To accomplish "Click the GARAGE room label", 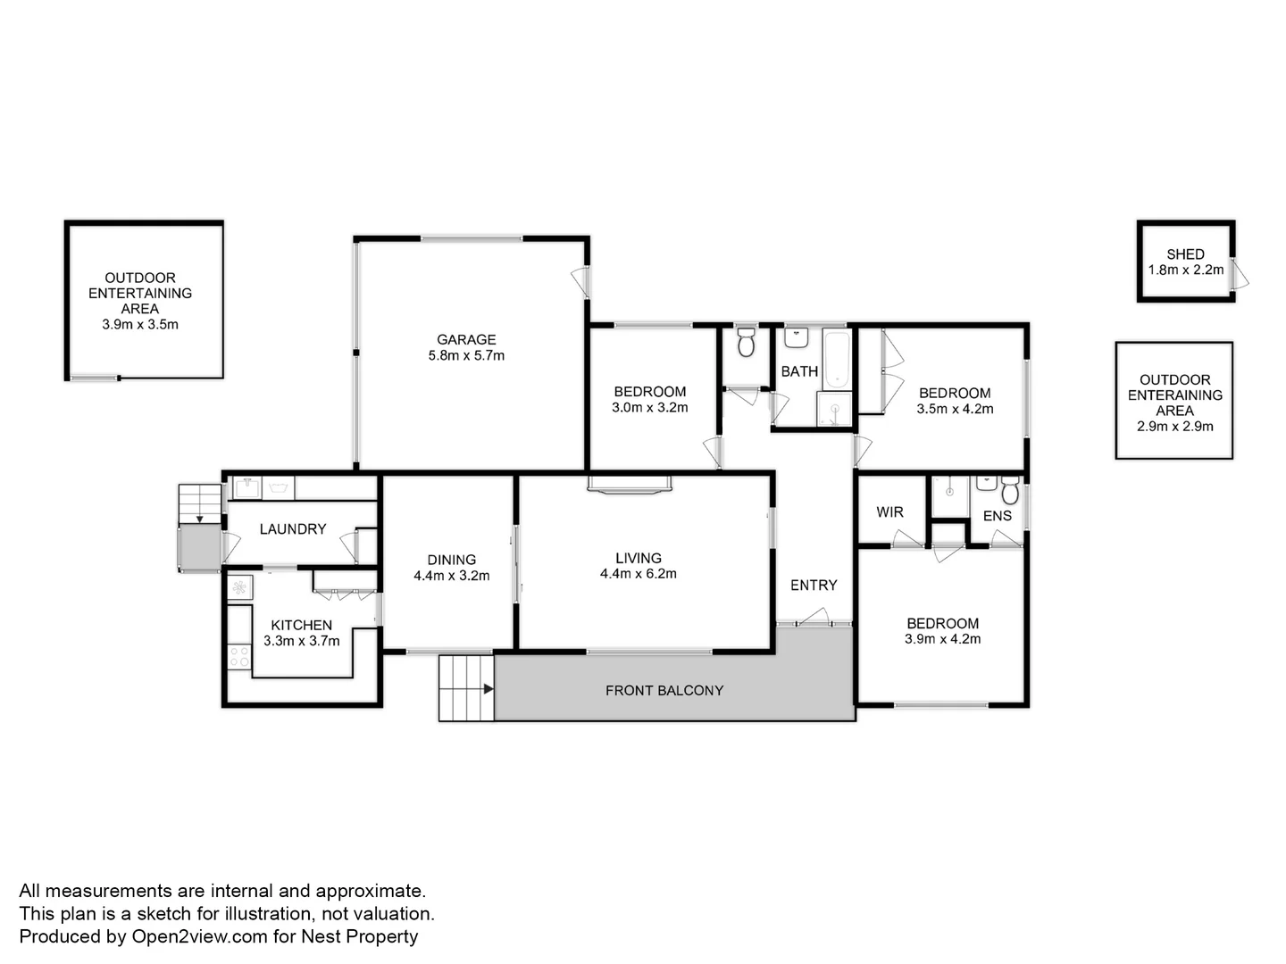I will point(466,339).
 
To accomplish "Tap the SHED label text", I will point(1185,254).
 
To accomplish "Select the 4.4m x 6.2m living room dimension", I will point(638,574).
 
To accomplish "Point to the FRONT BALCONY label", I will point(664,690).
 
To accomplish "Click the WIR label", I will point(889,511).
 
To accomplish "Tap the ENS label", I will point(997,516).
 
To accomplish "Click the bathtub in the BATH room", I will point(837,359).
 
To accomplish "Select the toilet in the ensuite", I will point(1010,491).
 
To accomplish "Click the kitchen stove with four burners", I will point(239,657).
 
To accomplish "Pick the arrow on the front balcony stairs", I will point(488,689).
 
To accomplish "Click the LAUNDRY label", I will point(292,529).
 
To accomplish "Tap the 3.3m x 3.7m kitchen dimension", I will point(301,641).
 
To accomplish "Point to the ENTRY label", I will point(813,586).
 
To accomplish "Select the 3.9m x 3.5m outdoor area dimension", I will point(140,325).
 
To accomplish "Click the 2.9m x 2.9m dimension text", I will point(1174,427).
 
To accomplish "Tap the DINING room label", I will point(451,561).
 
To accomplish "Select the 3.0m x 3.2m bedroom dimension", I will point(649,408).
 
